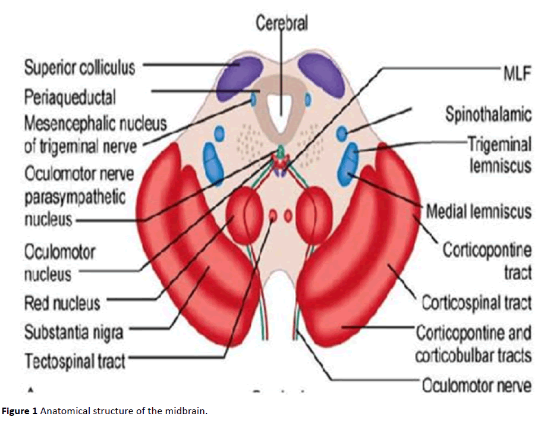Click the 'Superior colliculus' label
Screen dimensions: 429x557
pos(79,67)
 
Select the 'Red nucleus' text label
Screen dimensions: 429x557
pos(62,303)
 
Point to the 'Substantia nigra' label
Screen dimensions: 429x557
pos(73,332)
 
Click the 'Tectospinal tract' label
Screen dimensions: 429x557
pos(74,361)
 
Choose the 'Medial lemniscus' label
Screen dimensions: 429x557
pos(479,211)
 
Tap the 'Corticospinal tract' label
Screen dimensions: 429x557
pos(477,302)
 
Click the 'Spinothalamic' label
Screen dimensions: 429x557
pos(488,114)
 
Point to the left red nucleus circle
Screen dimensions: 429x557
pos(244,214)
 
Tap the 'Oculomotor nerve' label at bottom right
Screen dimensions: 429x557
pos(477,386)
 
